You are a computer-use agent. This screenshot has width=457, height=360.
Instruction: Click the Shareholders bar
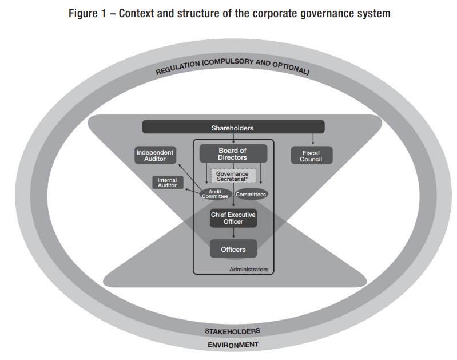(233, 128)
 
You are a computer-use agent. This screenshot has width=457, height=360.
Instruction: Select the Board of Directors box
(233, 154)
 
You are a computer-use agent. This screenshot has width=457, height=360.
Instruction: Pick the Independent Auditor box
(155, 155)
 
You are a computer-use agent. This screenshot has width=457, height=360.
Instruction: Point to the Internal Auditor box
(168, 183)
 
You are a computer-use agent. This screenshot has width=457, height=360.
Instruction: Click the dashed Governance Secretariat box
(232, 176)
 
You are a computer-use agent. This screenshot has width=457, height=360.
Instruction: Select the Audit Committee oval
(215, 194)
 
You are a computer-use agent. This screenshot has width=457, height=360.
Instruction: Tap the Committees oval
(251, 194)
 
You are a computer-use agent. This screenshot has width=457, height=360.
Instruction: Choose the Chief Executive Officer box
(233, 218)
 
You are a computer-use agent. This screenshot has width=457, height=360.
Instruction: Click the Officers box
(233, 249)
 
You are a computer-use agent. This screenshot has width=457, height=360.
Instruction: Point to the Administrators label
(248, 268)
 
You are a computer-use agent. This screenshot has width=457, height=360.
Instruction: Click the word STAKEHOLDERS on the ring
(233, 331)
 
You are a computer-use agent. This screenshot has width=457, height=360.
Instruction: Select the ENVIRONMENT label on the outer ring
(233, 345)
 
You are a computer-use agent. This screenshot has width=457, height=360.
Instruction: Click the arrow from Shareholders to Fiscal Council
(313, 139)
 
